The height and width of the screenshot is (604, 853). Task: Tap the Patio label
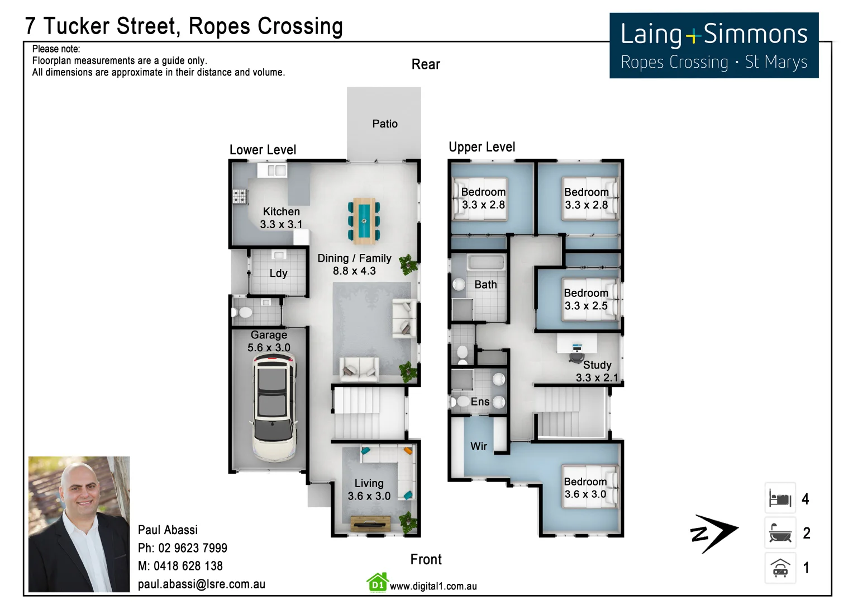pos(385,124)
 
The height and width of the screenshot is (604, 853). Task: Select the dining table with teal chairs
pos(364,220)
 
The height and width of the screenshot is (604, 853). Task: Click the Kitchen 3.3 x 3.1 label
pos(281,218)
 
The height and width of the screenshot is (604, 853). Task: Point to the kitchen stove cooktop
pos(240,196)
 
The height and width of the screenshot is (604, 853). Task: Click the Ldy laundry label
pos(278,273)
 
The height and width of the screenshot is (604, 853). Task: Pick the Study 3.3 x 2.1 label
pos(597,371)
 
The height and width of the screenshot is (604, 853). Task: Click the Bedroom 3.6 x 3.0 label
pos(585,488)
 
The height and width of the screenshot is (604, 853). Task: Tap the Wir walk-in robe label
pos(478,446)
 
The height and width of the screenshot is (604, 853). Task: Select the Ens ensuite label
pos(480,402)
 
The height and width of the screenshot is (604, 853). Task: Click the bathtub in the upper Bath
pos(486,263)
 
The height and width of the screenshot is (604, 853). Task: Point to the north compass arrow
pos(714,533)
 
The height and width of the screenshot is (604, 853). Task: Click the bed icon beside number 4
pos(780,498)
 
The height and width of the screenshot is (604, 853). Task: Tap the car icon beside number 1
pos(780,568)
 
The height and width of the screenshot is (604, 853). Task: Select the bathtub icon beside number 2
pos(780,533)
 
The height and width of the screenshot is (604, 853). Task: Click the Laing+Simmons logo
pos(713,46)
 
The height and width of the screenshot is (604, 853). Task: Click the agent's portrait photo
pos(79,524)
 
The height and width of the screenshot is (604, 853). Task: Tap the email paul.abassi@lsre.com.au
pos(202,584)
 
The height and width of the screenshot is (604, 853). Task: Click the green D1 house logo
pos(378,583)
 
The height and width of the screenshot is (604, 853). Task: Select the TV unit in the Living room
pos(370,523)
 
